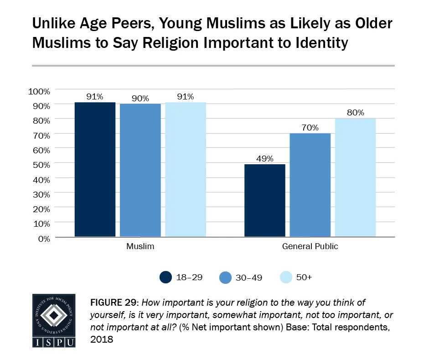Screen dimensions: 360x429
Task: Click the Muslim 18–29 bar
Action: [x=95, y=170]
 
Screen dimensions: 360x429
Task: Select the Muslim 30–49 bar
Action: [x=140, y=170]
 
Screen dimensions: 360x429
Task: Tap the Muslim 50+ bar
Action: [x=186, y=170]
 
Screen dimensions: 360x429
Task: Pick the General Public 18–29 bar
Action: [x=265, y=201]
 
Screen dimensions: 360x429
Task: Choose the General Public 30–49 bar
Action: [x=310, y=185]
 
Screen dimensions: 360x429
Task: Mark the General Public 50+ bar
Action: [x=356, y=178]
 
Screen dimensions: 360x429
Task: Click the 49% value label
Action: [x=265, y=159]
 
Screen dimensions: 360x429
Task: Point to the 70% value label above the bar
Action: [x=310, y=128]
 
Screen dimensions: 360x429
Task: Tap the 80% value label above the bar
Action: [x=356, y=113]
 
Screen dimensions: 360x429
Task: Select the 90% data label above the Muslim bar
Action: [x=140, y=98]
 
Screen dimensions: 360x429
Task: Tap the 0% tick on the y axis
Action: [x=44, y=238]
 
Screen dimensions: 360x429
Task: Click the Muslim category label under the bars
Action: [x=140, y=247]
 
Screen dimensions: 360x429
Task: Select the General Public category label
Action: [x=310, y=247]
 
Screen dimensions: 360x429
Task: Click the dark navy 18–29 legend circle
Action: [x=166, y=277]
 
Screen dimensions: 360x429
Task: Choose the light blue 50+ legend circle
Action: [x=286, y=277]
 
